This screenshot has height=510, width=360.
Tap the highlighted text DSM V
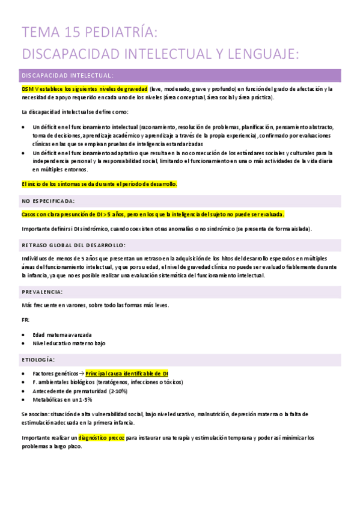point(31,89)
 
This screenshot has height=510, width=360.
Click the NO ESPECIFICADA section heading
point(48,201)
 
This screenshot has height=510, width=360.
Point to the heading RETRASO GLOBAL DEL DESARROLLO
point(73,245)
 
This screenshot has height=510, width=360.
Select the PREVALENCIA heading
point(42,292)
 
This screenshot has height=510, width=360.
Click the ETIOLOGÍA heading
point(38,360)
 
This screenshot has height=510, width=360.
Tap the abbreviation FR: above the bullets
point(25,319)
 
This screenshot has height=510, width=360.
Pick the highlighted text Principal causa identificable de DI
point(127,373)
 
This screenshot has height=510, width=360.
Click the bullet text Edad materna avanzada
point(63,334)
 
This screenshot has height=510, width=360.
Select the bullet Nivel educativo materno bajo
point(69,343)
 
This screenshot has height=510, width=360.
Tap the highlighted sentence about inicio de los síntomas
point(99,184)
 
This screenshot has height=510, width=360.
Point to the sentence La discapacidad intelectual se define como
point(74,112)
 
